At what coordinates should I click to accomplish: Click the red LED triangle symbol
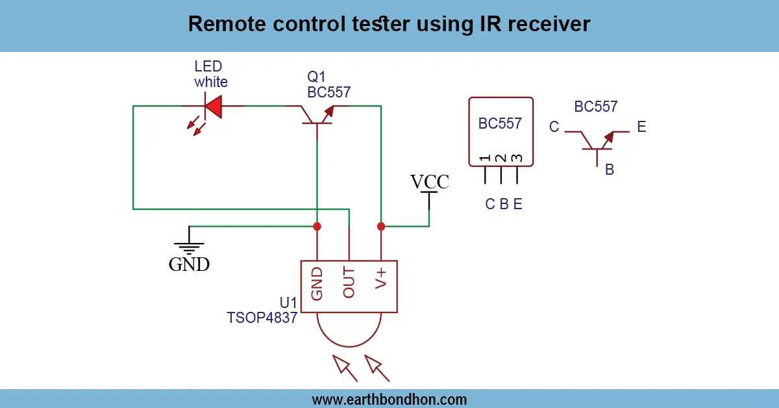pos(213,106)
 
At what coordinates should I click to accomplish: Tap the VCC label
pos(429,181)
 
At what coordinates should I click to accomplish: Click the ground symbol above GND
pos(189,245)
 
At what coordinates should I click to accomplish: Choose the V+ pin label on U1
pos(381,279)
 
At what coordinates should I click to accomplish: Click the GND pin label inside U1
pos(317,283)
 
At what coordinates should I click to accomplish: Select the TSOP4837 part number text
pos(262,318)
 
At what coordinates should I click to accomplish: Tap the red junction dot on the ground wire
pos(317,226)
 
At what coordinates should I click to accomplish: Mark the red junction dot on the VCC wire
pos(381,226)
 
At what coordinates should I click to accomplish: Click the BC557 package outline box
pos(501,132)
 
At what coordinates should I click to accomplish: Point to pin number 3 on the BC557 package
pos(517,159)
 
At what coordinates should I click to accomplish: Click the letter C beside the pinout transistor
pos(554,127)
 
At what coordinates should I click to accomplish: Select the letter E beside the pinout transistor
pos(641,127)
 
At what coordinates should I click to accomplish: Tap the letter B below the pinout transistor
pos(610,170)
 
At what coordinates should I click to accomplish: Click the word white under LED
pos(211,83)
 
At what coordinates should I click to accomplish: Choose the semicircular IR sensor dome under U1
pos(349,330)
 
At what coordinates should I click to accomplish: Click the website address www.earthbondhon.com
pos(389,399)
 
